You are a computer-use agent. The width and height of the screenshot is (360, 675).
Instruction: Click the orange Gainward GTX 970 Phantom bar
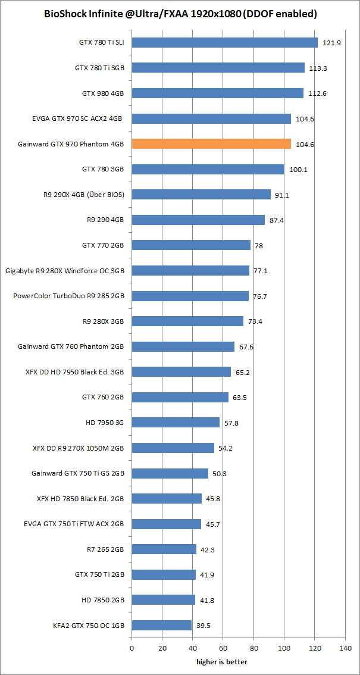coord(211,144)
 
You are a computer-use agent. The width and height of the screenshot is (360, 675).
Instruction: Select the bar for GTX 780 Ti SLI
coord(224,43)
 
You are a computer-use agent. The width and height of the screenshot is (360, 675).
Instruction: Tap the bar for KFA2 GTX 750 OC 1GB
coord(161,625)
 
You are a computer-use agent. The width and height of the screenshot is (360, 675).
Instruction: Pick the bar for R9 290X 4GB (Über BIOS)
coord(201,195)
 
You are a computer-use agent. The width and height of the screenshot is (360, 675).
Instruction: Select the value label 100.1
coord(298,170)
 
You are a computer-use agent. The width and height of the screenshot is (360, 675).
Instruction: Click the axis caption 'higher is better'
coord(222,661)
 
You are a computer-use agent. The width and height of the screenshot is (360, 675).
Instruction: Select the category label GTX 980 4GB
coord(102,93)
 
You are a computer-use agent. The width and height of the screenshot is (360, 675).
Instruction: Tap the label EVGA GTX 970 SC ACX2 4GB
coord(77,119)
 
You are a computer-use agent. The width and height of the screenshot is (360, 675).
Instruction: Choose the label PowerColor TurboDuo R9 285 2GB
coord(68,296)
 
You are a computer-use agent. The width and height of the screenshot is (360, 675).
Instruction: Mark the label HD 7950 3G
coord(104,423)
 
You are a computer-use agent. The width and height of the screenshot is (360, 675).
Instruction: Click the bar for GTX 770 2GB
coord(191,245)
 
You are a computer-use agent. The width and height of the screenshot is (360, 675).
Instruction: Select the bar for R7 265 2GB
coord(164,549)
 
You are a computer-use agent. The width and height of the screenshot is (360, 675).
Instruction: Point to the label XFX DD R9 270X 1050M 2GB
coord(79,448)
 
